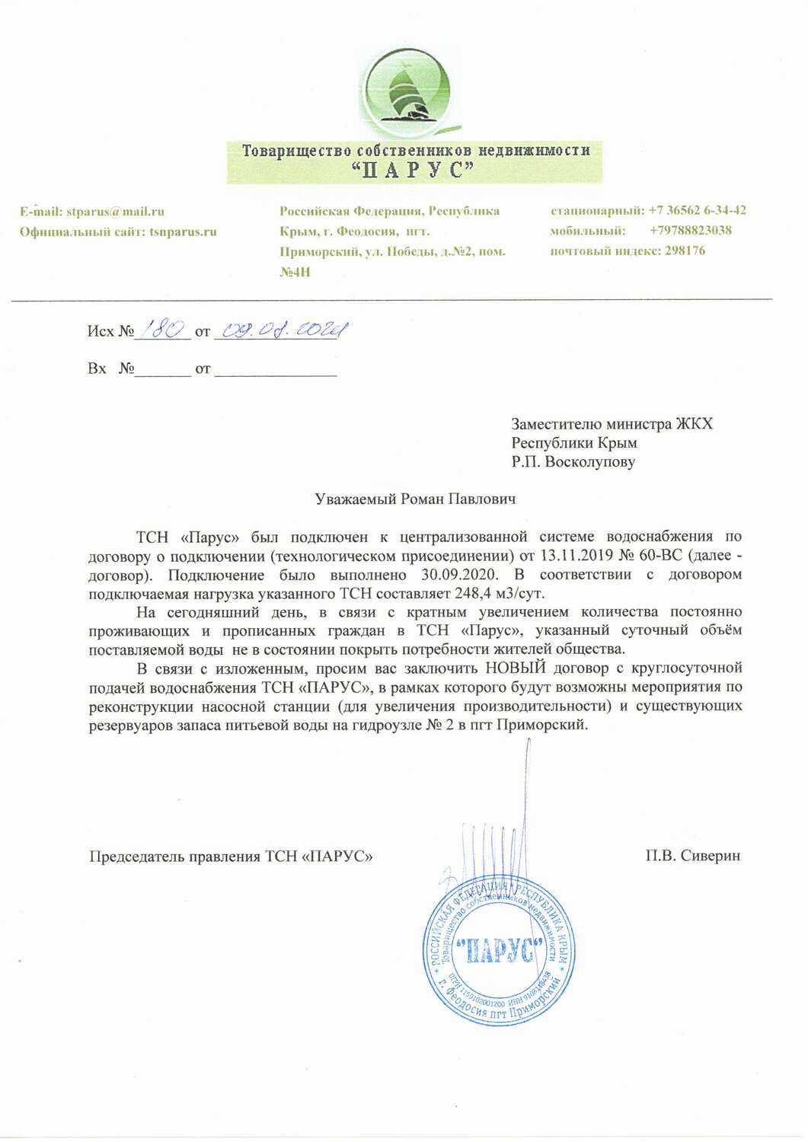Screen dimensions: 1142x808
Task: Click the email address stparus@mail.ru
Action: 115,212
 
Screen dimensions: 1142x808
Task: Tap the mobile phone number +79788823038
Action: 691,230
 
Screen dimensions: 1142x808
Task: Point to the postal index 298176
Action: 685,250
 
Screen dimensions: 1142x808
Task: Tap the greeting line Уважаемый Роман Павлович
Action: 415,499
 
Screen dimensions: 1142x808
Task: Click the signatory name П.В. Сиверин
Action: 692,856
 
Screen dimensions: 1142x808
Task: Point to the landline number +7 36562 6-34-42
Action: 697,210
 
